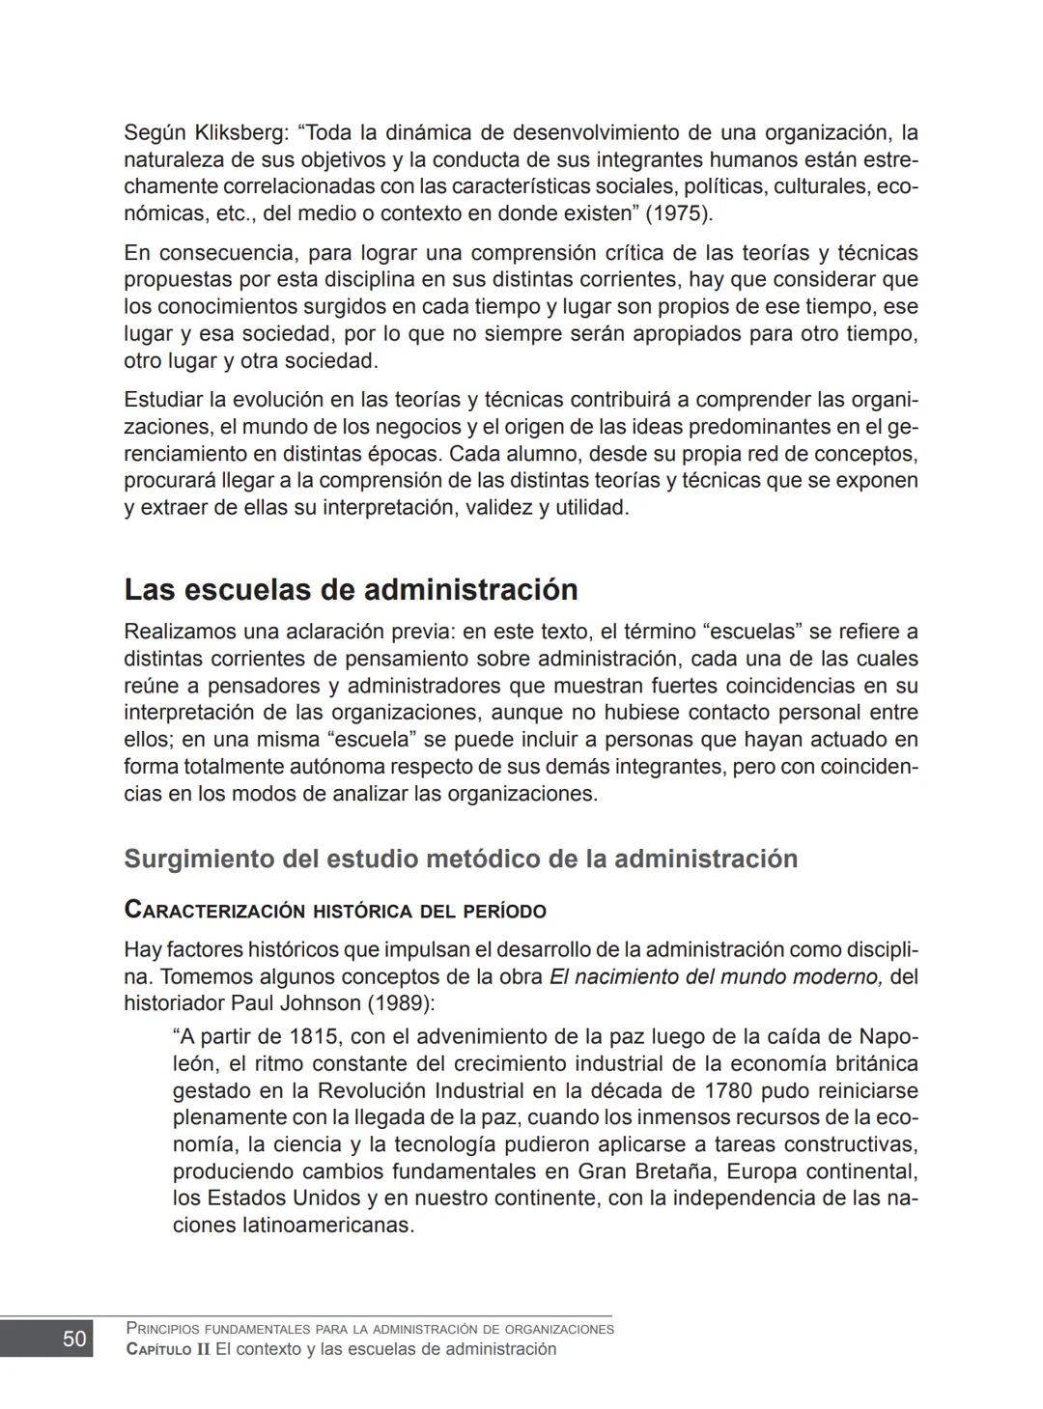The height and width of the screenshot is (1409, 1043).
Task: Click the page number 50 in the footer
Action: tap(74, 1339)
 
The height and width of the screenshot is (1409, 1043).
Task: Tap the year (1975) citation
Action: tap(678, 213)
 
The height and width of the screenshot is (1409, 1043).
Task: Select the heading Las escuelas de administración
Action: tap(351, 589)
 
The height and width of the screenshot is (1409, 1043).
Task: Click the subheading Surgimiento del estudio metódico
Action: tap(461, 859)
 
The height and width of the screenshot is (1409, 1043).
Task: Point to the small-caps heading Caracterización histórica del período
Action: tap(335, 911)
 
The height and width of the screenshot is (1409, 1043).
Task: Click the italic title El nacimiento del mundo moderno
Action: tap(716, 976)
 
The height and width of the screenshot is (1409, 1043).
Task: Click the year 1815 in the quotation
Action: tap(311, 1037)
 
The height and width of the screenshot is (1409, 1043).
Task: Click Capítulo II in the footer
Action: tap(167, 1349)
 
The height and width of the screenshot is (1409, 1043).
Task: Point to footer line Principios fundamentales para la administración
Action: tap(370, 1329)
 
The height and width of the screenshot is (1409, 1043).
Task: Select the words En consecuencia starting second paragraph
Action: tap(208, 254)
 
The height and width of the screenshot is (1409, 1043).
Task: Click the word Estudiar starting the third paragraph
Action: tap(163, 400)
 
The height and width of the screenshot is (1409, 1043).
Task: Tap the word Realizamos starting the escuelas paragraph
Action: tap(180, 633)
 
